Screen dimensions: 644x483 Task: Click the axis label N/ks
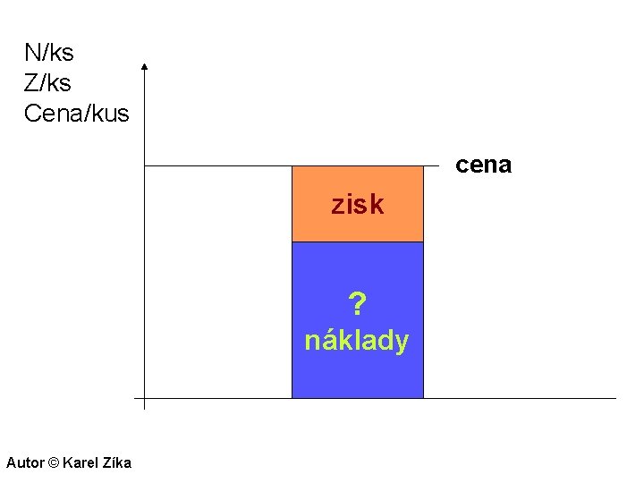49,53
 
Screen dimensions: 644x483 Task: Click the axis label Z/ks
48,83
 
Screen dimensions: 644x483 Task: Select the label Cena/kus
77,114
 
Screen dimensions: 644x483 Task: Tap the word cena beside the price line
483,165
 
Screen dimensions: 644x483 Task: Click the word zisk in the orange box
358,205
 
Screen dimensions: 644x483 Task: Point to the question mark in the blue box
358,306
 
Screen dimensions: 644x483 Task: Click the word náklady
357,341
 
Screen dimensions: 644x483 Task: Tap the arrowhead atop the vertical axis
144,66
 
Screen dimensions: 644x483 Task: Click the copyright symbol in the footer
53,462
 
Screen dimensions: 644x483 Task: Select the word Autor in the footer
25,462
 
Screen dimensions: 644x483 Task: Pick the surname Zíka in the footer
116,462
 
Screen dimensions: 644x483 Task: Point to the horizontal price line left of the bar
219,165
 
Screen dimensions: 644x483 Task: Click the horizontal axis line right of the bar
519,398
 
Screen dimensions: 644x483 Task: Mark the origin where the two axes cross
144,398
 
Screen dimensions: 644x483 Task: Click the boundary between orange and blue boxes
358,241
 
